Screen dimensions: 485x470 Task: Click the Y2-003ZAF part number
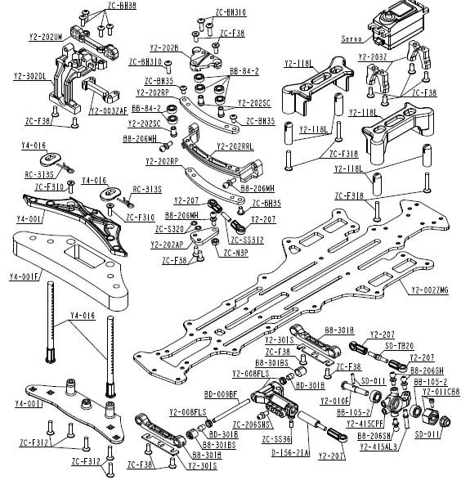click(110, 110)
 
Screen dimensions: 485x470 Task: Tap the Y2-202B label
click(164, 47)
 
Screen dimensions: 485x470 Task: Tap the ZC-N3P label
click(236, 254)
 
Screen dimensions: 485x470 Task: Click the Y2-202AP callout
click(168, 244)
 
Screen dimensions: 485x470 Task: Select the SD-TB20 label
click(399, 345)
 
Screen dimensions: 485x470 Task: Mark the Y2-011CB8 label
click(442, 391)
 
